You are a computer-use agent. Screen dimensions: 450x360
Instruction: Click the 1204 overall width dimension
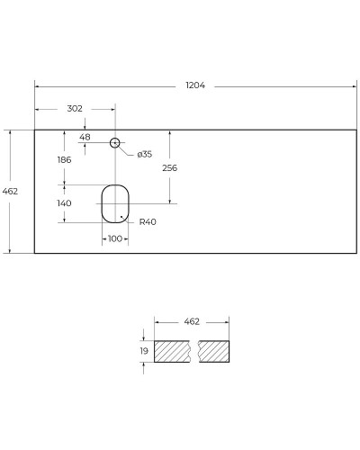pos(195,85)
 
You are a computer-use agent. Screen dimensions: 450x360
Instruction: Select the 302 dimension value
pos(75,108)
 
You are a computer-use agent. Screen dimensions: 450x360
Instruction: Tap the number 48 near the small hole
pos(85,138)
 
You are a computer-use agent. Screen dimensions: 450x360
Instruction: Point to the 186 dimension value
pos(64,159)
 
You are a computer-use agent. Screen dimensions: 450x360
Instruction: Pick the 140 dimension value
pos(64,203)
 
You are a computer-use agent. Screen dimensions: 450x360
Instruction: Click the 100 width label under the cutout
pos(114,238)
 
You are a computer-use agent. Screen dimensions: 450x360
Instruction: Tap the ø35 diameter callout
pos(144,154)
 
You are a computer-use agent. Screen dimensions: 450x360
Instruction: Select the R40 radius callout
pos(148,222)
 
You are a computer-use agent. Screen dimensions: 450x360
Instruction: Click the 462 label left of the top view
pos(11,192)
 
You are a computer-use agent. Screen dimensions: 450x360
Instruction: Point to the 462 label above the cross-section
pos(191,320)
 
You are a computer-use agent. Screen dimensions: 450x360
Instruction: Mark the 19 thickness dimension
pos(144,350)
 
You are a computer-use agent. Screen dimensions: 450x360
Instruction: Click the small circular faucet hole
pos(115,142)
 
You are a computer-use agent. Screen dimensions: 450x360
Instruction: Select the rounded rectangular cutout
pos(114,202)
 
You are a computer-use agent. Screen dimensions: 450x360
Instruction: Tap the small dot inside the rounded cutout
pos(121,215)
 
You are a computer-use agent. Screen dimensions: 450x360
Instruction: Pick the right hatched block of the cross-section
pos(214,351)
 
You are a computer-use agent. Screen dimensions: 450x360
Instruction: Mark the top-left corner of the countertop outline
pos(35,130)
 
